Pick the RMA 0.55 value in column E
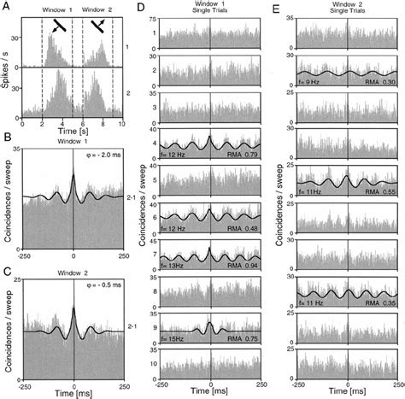click(x=381, y=194)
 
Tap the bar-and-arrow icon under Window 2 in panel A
click(x=102, y=26)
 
